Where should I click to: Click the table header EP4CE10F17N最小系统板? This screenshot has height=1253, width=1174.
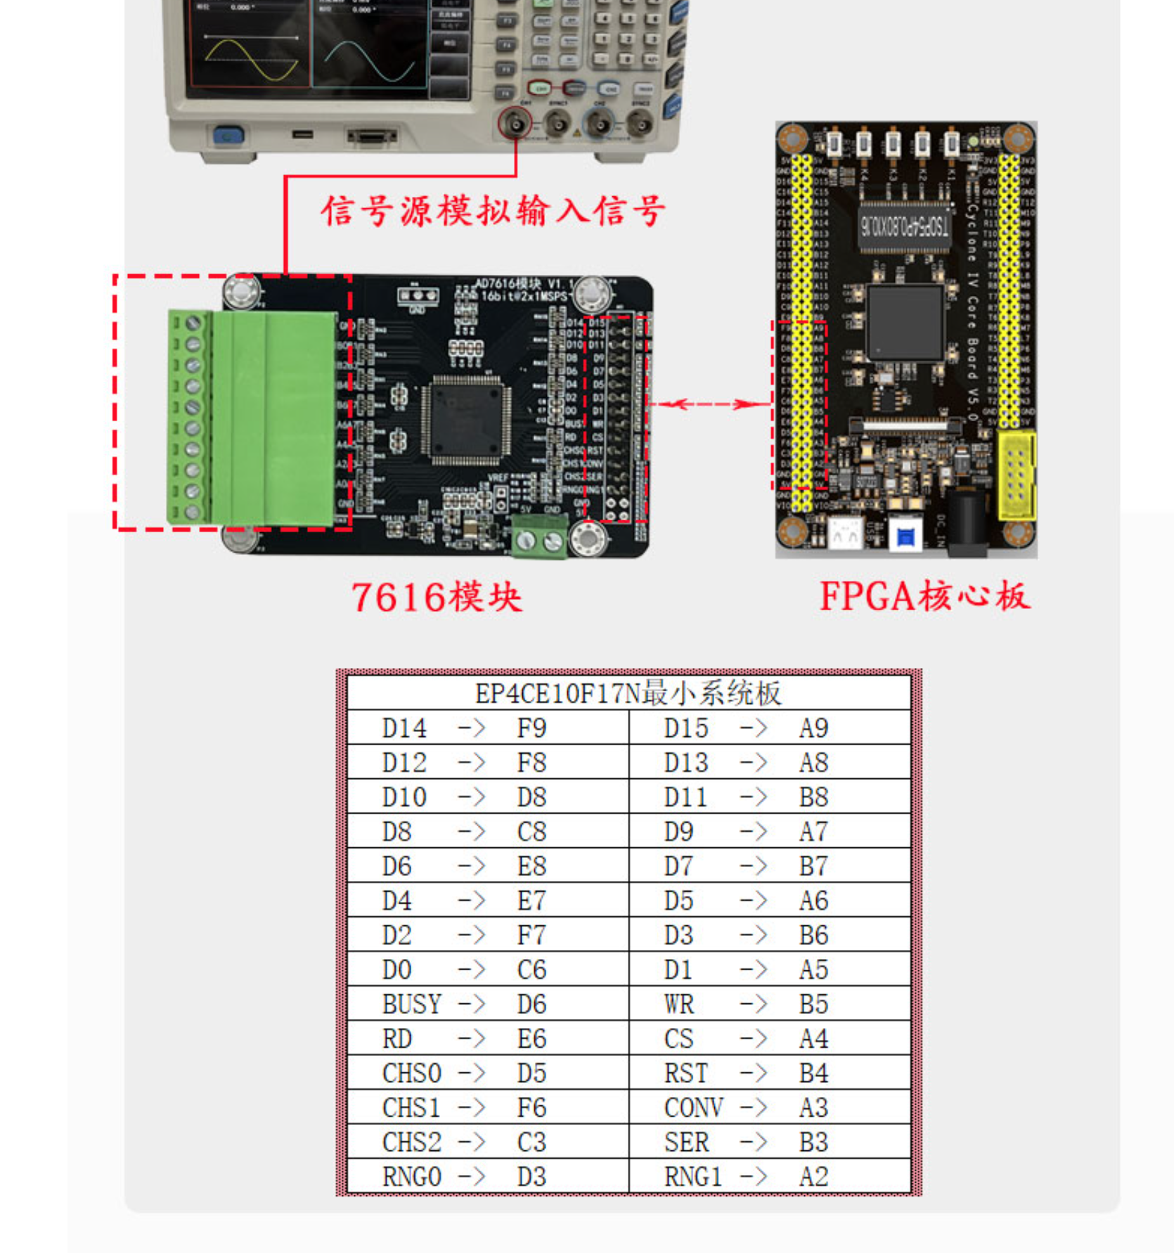[x=628, y=693]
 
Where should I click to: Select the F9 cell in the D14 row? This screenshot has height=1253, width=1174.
[x=531, y=728]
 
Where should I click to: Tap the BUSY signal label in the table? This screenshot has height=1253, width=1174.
[x=411, y=1004]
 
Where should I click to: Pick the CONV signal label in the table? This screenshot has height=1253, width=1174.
[x=693, y=1107]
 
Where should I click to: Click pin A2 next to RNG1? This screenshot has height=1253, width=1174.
[x=813, y=1176]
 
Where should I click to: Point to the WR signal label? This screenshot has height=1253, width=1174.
[x=679, y=1004]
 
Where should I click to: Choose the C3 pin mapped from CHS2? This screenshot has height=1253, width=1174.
[x=531, y=1142]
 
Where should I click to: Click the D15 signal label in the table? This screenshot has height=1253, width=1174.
[x=686, y=728]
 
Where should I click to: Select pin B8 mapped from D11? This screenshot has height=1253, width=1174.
[x=813, y=797]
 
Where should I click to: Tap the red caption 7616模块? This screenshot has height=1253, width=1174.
[x=437, y=598]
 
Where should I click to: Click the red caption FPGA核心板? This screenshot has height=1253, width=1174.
[x=924, y=596]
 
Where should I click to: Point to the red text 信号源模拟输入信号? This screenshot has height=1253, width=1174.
[x=492, y=211]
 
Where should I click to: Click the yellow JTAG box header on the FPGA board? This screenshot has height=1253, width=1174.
[x=1015, y=475]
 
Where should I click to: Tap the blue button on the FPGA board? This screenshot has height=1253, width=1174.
[x=906, y=537]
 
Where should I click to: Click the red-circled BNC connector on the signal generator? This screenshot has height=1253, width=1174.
[x=515, y=124]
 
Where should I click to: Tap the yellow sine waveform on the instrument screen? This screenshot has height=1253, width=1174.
[x=250, y=60]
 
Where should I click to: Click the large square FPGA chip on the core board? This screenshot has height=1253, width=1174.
[x=905, y=323]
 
